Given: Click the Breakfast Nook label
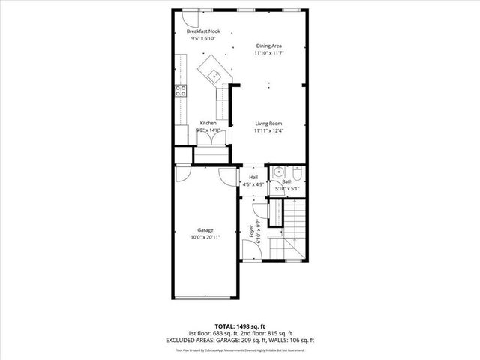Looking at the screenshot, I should [x=205, y=31].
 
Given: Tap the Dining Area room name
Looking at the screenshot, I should [x=268, y=46].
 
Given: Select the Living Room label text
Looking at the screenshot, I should [x=268, y=123].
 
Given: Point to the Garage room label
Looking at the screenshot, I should [x=205, y=229].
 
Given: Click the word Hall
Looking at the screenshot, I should [x=253, y=177].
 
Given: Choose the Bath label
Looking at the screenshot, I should [x=287, y=182].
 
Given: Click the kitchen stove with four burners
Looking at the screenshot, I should [x=181, y=91].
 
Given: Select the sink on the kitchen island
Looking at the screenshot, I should [x=214, y=73].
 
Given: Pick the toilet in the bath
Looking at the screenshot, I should [x=297, y=174].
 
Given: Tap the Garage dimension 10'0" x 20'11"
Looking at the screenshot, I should [x=205, y=237].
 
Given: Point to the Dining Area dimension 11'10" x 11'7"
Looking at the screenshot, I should [x=268, y=53].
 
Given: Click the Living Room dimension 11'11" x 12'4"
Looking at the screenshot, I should [x=268, y=130].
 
